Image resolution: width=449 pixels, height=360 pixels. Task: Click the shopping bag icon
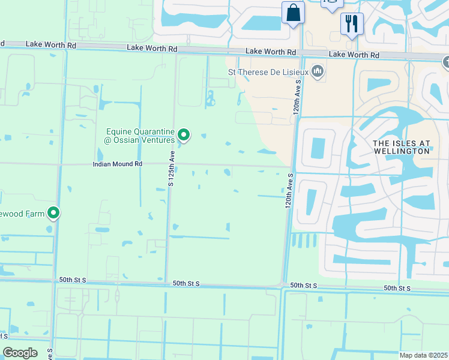293,13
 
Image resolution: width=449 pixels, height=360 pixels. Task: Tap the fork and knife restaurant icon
352,24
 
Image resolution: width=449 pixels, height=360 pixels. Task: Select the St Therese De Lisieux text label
267,73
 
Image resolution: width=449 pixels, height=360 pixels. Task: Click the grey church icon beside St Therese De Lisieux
318,73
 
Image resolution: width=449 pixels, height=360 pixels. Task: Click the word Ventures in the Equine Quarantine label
156,140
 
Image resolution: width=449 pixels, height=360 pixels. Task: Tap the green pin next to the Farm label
53,212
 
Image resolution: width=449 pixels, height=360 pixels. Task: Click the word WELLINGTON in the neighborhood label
401,151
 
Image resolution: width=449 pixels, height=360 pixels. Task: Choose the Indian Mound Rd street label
118,164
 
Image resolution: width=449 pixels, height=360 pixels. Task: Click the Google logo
20,353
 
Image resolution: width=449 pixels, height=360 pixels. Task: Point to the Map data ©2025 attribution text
424,355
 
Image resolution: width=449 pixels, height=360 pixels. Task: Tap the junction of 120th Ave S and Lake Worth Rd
303,53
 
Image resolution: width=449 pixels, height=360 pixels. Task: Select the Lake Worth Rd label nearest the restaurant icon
354,55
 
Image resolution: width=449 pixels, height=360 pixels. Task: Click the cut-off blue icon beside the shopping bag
331,4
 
